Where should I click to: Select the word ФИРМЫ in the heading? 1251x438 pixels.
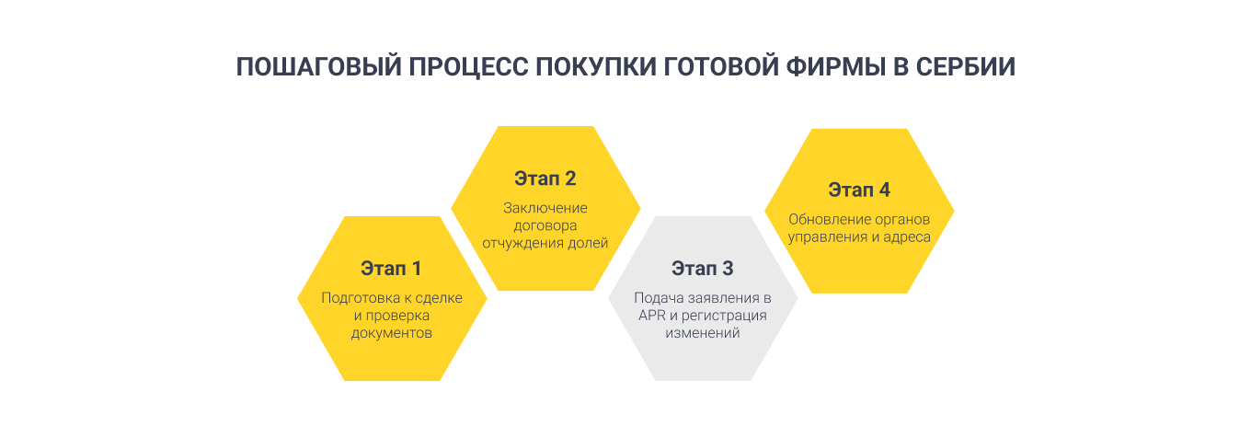[x=828, y=68]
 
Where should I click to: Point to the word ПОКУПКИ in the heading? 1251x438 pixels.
[x=601, y=68]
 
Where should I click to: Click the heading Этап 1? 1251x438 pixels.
[x=391, y=270]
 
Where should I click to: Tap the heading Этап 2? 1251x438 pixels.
[x=545, y=179]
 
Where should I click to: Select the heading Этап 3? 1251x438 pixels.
[x=703, y=270]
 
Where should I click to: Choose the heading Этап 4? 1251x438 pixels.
[x=859, y=190]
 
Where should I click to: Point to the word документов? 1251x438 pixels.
[x=391, y=333]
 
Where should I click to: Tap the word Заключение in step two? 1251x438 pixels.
[x=545, y=208]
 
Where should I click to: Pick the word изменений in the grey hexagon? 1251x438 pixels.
[x=703, y=333]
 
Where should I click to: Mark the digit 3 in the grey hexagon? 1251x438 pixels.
[x=728, y=270]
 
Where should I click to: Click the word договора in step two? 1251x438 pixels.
[x=545, y=225]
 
